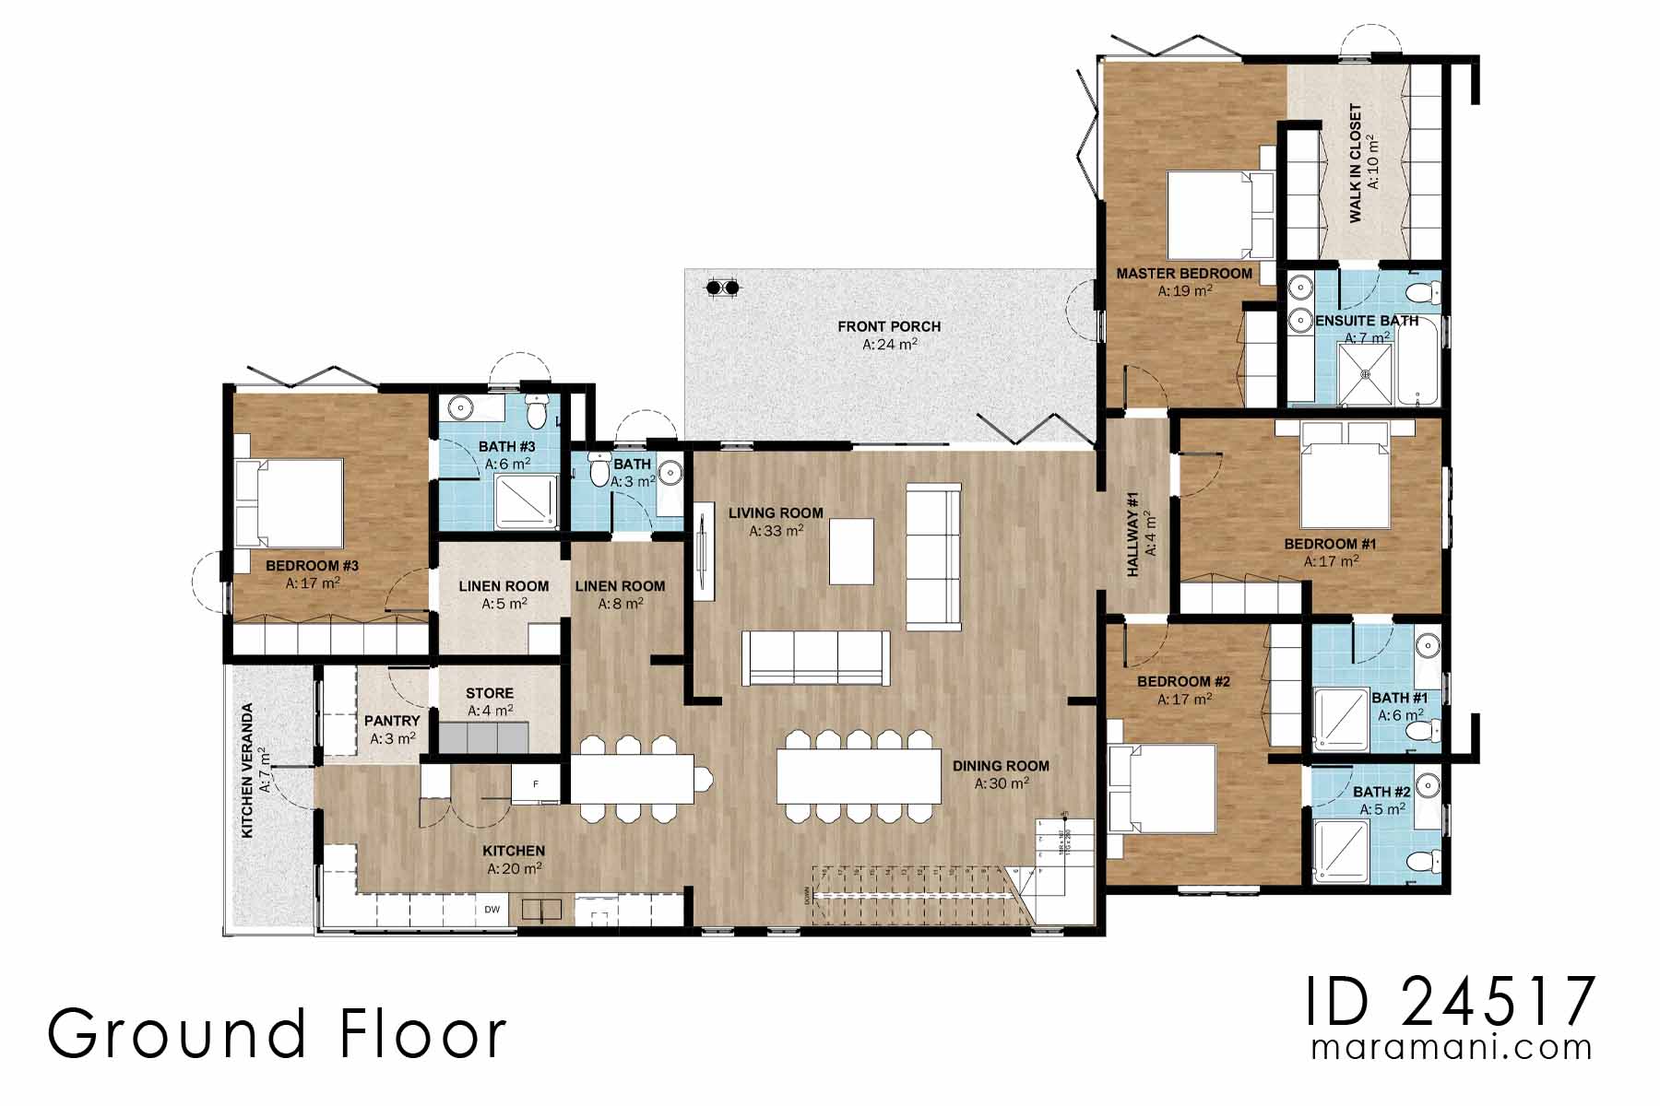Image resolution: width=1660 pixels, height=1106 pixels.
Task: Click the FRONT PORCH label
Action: pyautogui.click(x=889, y=326)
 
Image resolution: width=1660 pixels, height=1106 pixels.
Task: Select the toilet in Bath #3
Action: pyautogui.click(x=536, y=408)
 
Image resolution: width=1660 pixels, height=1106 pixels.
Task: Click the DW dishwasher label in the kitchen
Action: pyautogui.click(x=492, y=910)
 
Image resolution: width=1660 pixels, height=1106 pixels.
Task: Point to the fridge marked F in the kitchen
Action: pyautogui.click(x=538, y=784)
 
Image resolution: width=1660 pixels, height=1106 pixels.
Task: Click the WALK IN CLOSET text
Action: pyautogui.click(x=1355, y=163)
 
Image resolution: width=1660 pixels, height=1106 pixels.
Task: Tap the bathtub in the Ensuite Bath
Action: pyautogui.click(x=1417, y=361)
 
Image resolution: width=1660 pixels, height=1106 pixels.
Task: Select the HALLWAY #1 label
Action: pyautogui.click(x=1133, y=535)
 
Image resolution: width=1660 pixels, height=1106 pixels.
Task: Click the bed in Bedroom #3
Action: pyautogui.click(x=288, y=502)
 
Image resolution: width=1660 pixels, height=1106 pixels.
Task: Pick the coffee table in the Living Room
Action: pyautogui.click(x=851, y=551)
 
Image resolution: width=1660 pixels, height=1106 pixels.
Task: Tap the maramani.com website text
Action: pyautogui.click(x=1451, y=1048)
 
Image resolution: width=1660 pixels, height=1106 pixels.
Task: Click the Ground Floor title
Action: pyautogui.click(x=277, y=1034)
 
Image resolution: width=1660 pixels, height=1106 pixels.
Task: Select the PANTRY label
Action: pyautogui.click(x=392, y=721)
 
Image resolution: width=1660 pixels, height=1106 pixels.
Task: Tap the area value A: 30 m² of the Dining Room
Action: pyautogui.click(x=1002, y=784)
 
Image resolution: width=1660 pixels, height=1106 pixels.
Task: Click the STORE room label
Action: pyautogui.click(x=489, y=693)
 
